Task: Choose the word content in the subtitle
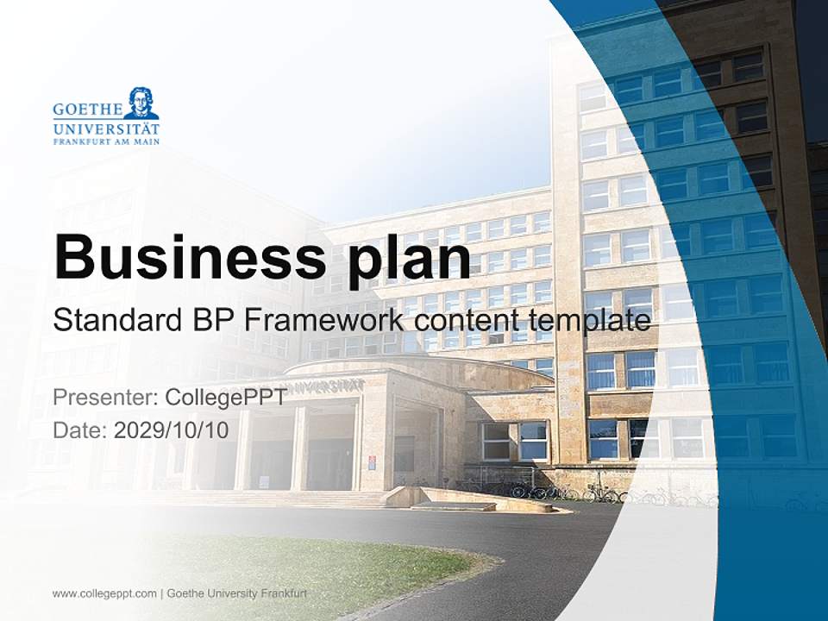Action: (465, 321)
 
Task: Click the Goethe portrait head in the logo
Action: (141, 103)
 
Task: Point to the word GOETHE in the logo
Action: (86, 110)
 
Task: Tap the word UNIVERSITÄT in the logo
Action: (106, 128)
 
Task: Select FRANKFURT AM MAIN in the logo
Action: (106, 141)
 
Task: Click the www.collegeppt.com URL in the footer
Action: (104, 593)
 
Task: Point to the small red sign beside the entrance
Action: (372, 461)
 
